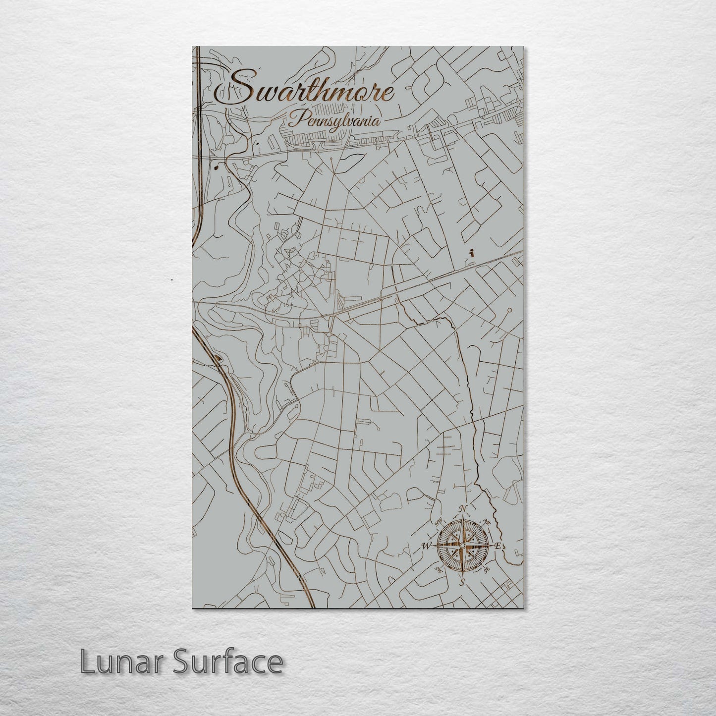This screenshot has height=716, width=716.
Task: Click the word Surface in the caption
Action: point(227,661)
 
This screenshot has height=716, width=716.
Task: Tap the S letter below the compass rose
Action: point(462,582)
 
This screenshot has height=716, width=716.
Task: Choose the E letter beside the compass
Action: point(498,546)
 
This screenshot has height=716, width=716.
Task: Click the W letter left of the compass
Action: point(426,546)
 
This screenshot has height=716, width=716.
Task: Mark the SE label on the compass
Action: point(487,570)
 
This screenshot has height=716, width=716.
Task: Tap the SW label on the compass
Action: point(438,570)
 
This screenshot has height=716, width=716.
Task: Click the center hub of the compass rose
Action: point(462,546)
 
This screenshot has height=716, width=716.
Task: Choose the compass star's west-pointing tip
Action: point(435,546)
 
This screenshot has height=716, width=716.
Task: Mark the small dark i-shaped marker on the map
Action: point(473,252)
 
